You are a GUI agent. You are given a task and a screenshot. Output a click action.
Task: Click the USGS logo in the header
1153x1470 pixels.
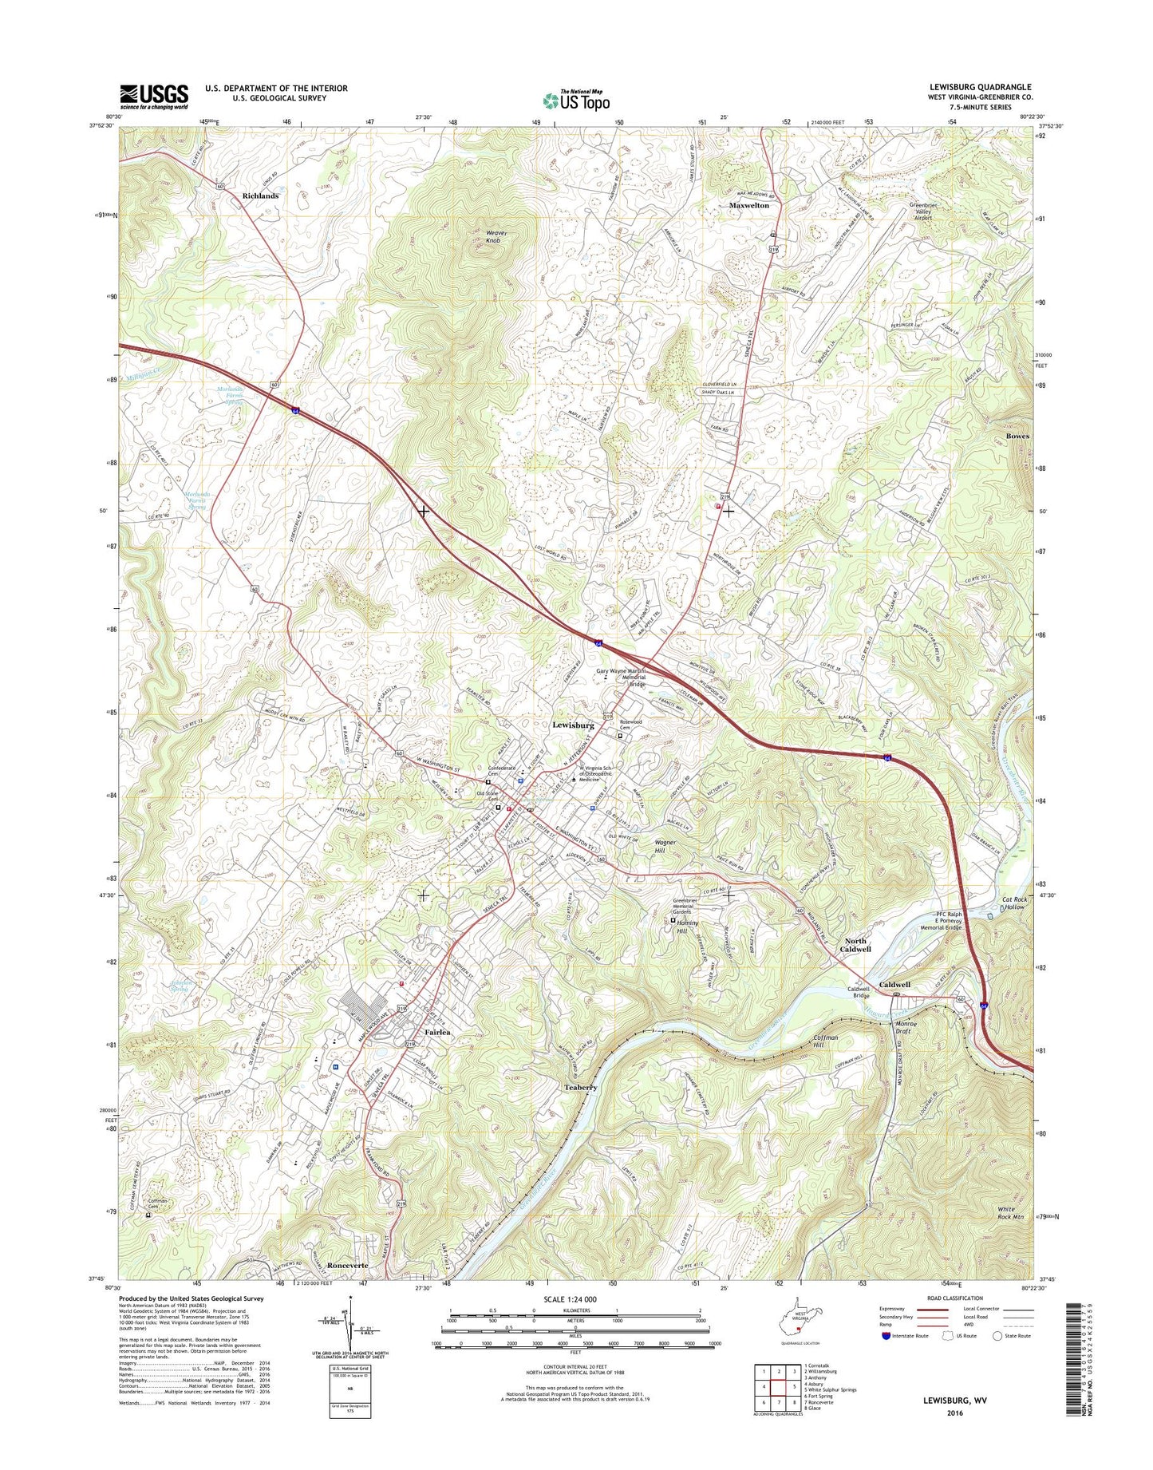pos(154,97)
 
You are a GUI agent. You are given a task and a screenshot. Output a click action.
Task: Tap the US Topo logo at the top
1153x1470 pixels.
pos(576,100)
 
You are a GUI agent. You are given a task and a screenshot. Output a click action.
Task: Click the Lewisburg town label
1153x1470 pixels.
pos(573,725)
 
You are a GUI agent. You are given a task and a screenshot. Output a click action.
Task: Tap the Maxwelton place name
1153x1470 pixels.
pos(748,205)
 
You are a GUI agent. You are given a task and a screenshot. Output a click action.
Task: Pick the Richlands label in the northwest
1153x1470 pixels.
pos(260,196)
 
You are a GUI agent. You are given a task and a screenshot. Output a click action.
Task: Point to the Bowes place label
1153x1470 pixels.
pos(1017,437)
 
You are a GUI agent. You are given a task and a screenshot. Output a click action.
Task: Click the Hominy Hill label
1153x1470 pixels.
pos(681,927)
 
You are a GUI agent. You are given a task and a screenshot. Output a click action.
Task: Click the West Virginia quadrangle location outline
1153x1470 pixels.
pos(799,1332)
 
